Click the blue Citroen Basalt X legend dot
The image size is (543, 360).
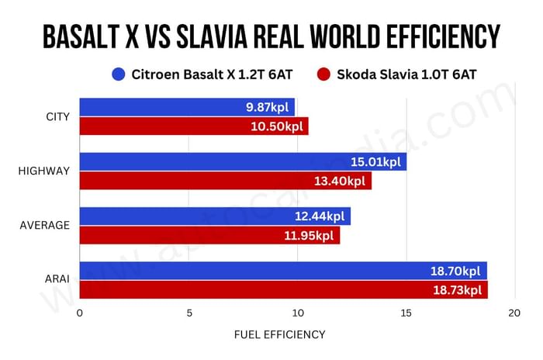(x=119, y=75)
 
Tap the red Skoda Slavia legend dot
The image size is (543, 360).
(x=324, y=75)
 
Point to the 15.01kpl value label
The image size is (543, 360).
(x=375, y=162)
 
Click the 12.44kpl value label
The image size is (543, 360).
(x=319, y=216)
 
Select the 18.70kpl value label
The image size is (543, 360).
(x=455, y=272)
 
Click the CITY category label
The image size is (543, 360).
(x=58, y=117)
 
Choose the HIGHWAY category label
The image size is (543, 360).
(x=45, y=171)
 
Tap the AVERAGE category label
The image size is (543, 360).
(x=45, y=226)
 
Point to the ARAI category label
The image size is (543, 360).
(x=57, y=280)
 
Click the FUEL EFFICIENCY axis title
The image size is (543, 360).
(x=279, y=334)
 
